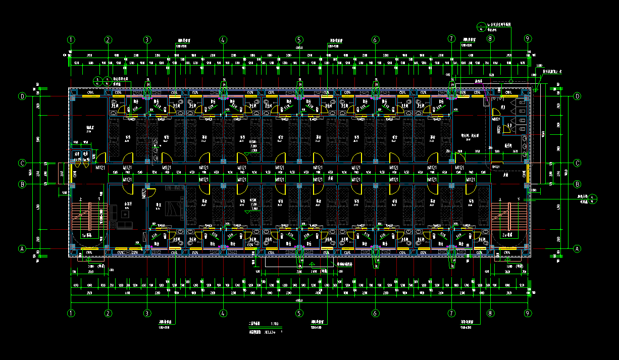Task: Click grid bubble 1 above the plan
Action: (x=71, y=39)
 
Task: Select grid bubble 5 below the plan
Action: (x=299, y=313)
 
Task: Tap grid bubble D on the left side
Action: (x=22, y=96)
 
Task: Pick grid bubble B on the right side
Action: (x=578, y=184)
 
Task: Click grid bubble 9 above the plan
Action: (x=528, y=39)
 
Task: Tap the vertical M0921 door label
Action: (x=143, y=194)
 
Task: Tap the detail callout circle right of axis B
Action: (x=593, y=198)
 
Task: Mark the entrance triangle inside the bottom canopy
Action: (x=312, y=264)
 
